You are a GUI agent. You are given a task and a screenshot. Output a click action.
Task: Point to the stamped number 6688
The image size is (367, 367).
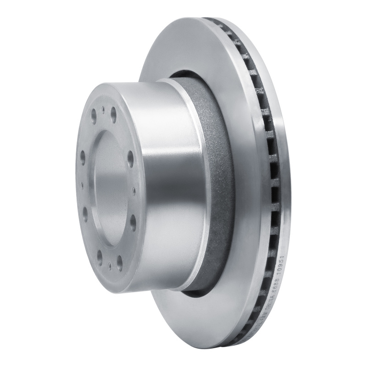click(275, 285)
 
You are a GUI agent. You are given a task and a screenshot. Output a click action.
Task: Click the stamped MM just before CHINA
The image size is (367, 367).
click(264, 315)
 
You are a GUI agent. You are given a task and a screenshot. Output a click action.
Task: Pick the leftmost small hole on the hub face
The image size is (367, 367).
click(82, 185)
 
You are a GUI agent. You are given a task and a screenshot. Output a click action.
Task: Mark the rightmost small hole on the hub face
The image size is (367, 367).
click(134, 190)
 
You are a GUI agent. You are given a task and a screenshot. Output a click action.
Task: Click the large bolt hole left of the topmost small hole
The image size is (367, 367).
click(94, 116)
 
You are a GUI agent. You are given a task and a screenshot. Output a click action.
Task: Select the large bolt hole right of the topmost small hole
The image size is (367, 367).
click(113, 114)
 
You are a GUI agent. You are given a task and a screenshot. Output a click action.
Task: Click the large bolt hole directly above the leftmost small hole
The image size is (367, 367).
click(83, 157)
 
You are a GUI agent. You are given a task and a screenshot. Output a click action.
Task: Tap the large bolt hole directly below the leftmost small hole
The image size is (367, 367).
click(85, 214)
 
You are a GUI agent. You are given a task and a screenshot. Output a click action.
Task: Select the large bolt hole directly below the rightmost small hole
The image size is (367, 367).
click(133, 222)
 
